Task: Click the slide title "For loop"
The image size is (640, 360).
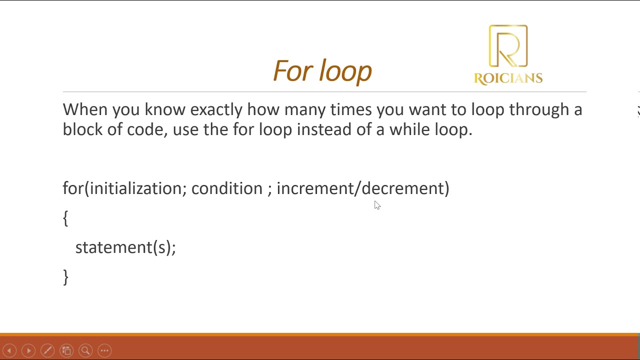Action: pyautogui.click(x=322, y=71)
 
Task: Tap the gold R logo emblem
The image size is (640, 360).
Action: pyautogui.click(x=508, y=46)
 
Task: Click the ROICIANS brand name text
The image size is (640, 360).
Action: pyautogui.click(x=508, y=78)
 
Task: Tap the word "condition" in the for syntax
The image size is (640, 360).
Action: pyautogui.click(x=226, y=188)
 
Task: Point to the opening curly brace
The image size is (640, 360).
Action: pyautogui.click(x=65, y=218)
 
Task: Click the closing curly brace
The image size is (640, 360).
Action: pyautogui.click(x=65, y=277)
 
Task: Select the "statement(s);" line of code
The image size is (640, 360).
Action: pyautogui.click(x=125, y=247)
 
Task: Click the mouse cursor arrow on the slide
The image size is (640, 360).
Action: pyautogui.click(x=377, y=205)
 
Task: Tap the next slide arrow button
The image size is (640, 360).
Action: pyautogui.click(x=28, y=350)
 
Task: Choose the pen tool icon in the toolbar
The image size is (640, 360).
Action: pyautogui.click(x=47, y=350)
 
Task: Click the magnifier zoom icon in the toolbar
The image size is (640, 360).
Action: pyautogui.click(x=85, y=350)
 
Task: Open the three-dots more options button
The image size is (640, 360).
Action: pyautogui.click(x=104, y=350)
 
